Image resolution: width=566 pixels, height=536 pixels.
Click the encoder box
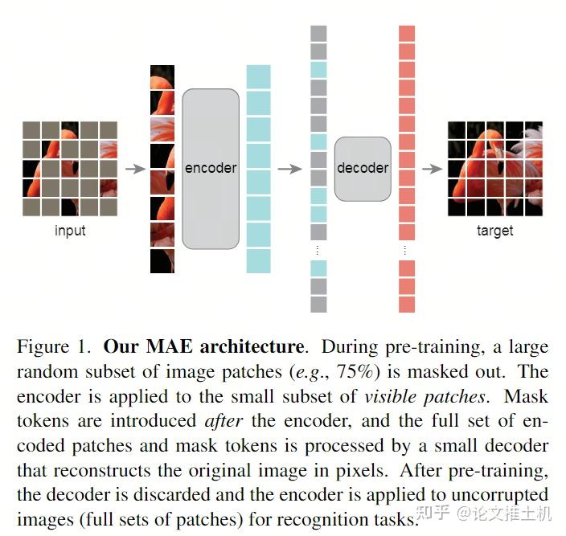click(211, 168)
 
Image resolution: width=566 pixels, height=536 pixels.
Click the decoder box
click(363, 168)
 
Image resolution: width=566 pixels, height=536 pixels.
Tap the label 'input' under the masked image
click(70, 231)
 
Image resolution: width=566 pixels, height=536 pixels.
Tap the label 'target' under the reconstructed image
click(494, 231)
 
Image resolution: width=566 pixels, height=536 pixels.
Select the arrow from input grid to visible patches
click(135, 169)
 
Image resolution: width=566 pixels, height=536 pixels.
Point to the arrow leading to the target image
click(432, 169)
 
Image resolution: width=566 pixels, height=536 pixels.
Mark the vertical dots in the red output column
click(407, 249)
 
